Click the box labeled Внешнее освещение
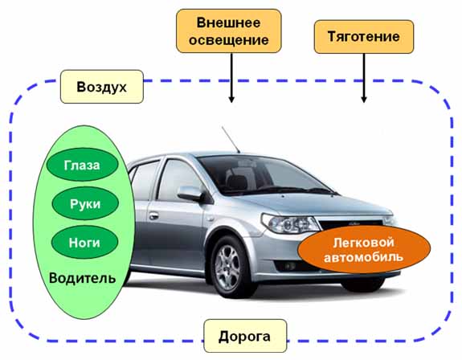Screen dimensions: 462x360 pos(229,31)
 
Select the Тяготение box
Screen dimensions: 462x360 pos(364,36)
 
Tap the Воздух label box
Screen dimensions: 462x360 pos(102,87)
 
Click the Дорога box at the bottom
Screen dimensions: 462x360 pos(245,336)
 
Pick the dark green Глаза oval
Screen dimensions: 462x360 pos(82,165)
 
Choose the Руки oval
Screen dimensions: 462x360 pos(85,203)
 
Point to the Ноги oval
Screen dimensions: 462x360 pos(84,242)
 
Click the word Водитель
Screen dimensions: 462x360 pos(82,278)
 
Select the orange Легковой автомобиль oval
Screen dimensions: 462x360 pos(364,250)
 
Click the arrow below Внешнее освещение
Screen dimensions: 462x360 pos(231,78)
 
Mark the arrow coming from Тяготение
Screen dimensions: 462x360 pos(364,78)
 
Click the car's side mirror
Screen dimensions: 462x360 pos(191,194)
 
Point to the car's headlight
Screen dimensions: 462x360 pos(290,224)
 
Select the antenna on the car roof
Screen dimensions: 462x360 pos(231,140)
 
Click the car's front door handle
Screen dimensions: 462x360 pos(153,216)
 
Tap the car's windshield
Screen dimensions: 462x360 pos(264,175)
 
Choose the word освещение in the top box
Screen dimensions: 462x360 pos(229,40)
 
